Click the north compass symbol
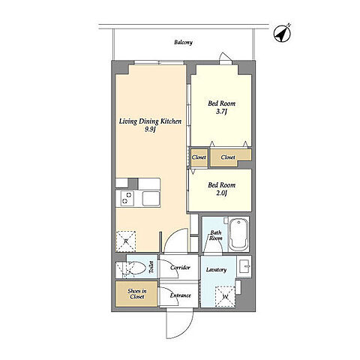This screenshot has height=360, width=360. (x=282, y=34)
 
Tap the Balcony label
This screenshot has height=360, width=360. (x=183, y=42)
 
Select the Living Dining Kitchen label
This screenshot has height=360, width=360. (x=150, y=121)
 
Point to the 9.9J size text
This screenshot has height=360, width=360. (x=150, y=130)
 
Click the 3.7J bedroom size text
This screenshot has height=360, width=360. (x=221, y=112)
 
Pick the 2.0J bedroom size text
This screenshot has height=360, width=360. (x=221, y=193)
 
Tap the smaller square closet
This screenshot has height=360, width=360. (x=199, y=157)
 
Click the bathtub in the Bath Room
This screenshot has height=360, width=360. (x=238, y=234)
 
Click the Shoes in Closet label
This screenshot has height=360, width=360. (x=137, y=294)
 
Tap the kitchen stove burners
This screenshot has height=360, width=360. (x=127, y=198)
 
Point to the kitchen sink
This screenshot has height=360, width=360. (x=151, y=199)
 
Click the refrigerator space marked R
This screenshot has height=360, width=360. (x=126, y=241)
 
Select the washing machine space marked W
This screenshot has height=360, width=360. (x=226, y=296)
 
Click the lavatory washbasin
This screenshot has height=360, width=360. (x=244, y=267)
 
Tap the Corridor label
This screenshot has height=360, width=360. (x=180, y=268)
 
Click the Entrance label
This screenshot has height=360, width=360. (x=180, y=295)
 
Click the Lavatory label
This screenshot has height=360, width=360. (x=216, y=270)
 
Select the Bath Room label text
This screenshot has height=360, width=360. (x=215, y=235)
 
